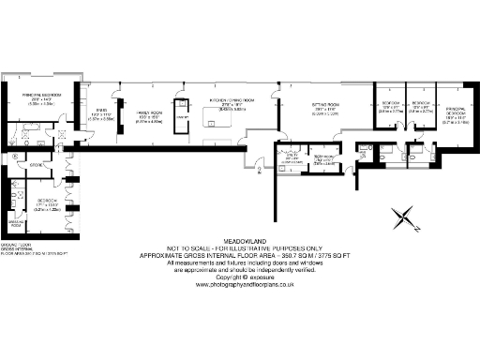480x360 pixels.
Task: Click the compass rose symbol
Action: point(405,219)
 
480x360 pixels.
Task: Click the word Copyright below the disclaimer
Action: point(228,277)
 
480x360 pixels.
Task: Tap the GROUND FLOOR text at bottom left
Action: point(16,244)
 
